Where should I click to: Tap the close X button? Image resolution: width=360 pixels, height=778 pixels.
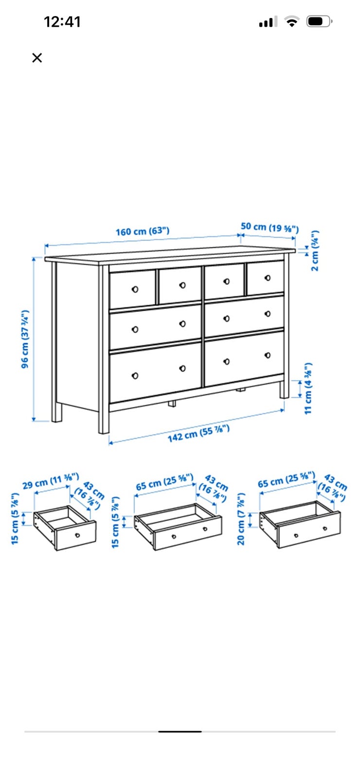[x=37, y=58]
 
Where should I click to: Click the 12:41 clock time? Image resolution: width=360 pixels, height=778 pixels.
[x=62, y=22]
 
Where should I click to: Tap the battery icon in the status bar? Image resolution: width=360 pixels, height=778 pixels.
[x=319, y=21]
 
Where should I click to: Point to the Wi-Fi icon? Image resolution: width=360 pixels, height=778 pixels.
[x=292, y=21]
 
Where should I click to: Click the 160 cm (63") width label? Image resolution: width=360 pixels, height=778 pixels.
[x=143, y=231]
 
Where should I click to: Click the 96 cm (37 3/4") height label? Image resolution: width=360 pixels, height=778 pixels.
[x=25, y=339]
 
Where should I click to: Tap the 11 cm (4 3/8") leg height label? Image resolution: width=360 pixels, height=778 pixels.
[x=308, y=389]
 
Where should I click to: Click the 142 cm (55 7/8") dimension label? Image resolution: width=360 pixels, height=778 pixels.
[x=198, y=433]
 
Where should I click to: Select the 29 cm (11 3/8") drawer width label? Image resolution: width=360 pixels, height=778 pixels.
[x=51, y=481]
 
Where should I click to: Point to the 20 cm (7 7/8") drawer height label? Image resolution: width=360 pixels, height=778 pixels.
[x=241, y=519]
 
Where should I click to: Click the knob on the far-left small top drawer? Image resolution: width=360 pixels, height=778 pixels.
[x=135, y=289]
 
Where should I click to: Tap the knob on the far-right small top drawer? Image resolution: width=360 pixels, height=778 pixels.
[x=268, y=278]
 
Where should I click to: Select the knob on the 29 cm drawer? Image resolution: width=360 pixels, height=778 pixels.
[x=77, y=535]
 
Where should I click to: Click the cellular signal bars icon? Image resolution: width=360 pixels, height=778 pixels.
[x=268, y=21]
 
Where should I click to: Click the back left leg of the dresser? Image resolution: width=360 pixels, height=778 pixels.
[x=57, y=413]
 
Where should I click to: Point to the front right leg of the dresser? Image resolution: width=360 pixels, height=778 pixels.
[x=284, y=389]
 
